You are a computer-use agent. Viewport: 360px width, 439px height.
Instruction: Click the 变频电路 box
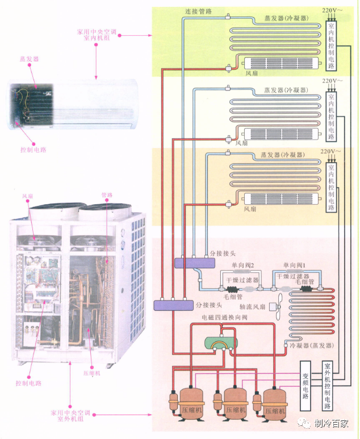[305, 386]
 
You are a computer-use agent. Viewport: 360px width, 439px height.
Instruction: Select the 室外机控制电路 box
[327, 386]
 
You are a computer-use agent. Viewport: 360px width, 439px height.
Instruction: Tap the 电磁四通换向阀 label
[225, 317]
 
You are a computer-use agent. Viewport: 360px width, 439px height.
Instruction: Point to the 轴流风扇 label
[252, 307]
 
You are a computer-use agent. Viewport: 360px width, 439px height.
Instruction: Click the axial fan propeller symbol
[279, 307]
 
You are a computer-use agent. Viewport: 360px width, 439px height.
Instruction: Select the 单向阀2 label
[243, 265]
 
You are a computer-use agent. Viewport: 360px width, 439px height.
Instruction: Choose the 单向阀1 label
[294, 265]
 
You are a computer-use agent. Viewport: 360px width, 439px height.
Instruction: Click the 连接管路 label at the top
[198, 11]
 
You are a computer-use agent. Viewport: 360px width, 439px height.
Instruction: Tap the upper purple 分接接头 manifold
[195, 263]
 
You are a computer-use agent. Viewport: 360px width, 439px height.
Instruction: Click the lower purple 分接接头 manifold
[174, 305]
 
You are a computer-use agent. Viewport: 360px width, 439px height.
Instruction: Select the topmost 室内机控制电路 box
[331, 46]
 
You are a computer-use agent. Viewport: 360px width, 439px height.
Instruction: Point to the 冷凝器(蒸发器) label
[312, 345]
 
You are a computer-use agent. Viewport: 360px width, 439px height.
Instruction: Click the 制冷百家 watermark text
[331, 423]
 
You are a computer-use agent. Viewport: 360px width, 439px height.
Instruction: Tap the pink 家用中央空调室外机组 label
[70, 416]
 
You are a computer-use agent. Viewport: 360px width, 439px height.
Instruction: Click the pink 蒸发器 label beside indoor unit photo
[29, 59]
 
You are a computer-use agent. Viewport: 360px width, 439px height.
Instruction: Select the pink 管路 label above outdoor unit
[107, 195]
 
